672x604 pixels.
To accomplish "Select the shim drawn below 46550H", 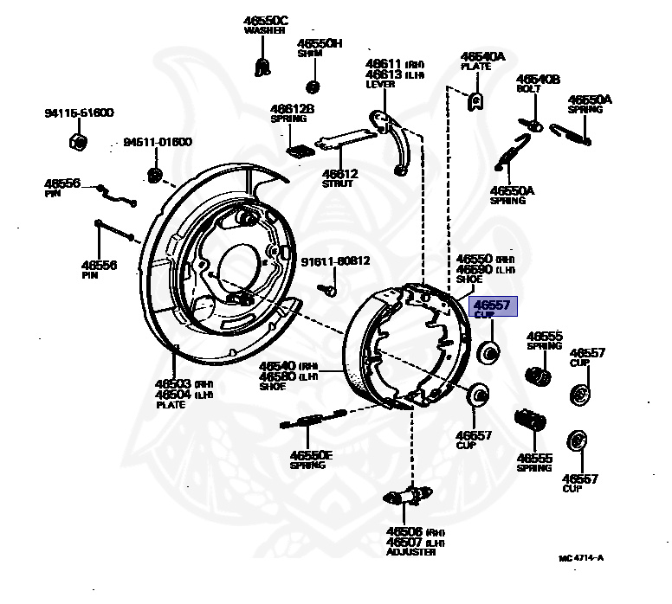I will point(313,86).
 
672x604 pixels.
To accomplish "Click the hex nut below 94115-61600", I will point(75,140).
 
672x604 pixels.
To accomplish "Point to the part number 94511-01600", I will point(157,142).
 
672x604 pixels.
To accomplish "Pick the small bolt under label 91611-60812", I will point(330,291).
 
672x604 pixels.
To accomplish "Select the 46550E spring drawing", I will point(304,421).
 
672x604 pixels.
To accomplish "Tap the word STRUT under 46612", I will point(338,183).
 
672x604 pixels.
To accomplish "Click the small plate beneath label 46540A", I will point(475,101).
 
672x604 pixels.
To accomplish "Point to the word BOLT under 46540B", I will point(529,89).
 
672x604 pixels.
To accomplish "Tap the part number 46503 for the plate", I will point(172,384).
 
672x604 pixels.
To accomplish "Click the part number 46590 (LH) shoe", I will point(475,269).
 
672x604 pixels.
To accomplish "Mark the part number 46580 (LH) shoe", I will point(277,376).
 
